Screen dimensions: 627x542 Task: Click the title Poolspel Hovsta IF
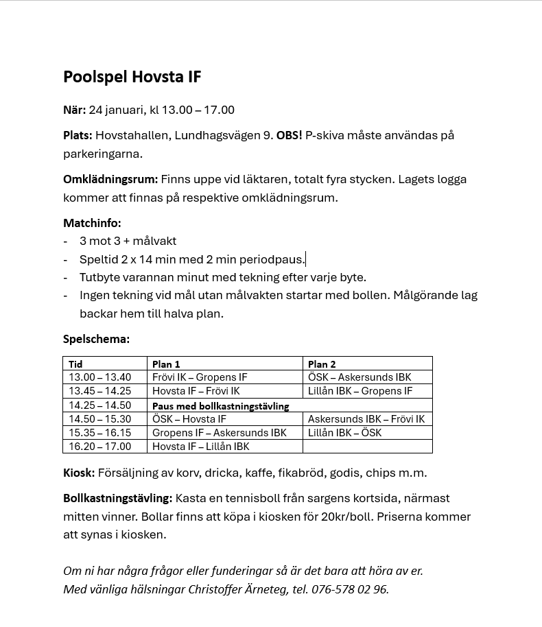(132, 77)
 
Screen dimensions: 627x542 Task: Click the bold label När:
(74, 110)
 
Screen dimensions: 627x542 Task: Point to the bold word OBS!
(289, 135)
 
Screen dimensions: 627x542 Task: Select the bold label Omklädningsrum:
(110, 179)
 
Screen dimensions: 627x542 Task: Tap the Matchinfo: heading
(92, 223)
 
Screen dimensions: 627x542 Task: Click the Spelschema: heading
(96, 339)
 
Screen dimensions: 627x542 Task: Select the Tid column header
(75, 364)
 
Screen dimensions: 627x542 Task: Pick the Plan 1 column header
(166, 364)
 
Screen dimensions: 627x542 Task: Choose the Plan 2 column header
(322, 364)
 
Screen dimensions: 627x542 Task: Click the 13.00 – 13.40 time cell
(99, 377)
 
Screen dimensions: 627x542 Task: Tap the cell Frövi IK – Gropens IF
(200, 377)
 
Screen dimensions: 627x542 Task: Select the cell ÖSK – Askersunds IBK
(360, 377)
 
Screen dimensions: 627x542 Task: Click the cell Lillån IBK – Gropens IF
(360, 391)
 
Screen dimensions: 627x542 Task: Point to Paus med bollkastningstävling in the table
(220, 406)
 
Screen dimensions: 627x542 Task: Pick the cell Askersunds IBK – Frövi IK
(366, 419)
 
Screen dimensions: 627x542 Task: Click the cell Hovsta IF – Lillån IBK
(201, 447)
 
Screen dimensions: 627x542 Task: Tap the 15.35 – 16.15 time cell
(99, 433)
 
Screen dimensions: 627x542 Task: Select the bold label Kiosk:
(79, 473)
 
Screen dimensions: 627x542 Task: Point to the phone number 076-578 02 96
(349, 589)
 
